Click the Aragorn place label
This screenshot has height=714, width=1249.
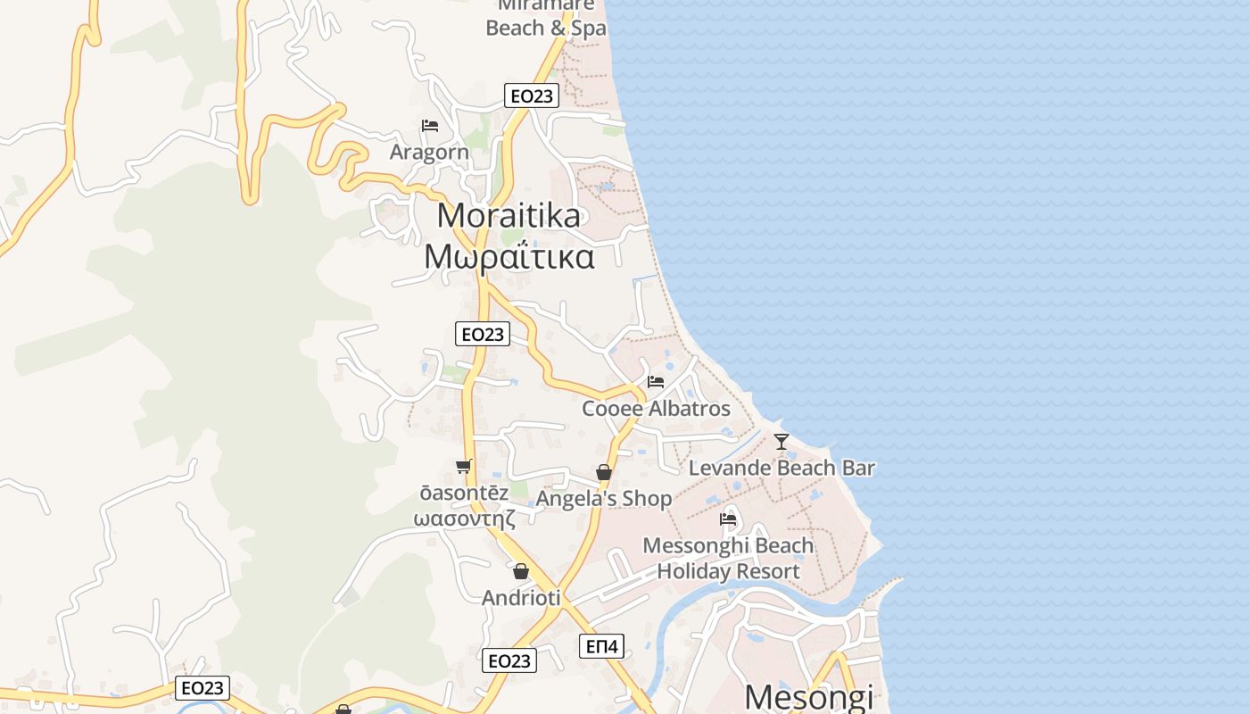(429, 152)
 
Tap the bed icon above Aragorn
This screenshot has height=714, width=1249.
(430, 126)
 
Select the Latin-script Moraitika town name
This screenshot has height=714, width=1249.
(509, 215)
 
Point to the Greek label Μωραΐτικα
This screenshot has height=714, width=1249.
(509, 256)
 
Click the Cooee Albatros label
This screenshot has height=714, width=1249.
(656, 409)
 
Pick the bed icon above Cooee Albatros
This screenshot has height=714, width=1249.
(656, 382)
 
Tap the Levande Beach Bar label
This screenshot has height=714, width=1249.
(782, 468)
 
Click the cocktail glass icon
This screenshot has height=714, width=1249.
(782, 441)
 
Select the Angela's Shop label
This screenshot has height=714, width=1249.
(604, 499)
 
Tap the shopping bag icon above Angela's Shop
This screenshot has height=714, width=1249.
(604, 472)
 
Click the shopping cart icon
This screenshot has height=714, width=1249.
(463, 466)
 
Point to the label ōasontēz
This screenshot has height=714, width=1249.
(464, 494)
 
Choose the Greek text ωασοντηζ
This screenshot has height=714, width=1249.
(464, 519)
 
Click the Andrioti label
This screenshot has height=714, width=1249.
(521, 598)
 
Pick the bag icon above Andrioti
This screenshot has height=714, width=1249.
(521, 571)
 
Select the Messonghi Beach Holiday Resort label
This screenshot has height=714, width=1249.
(728, 558)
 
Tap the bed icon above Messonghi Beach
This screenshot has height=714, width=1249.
(728, 519)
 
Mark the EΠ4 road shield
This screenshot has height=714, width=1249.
(603, 646)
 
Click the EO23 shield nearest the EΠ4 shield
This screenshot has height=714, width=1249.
(509, 660)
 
